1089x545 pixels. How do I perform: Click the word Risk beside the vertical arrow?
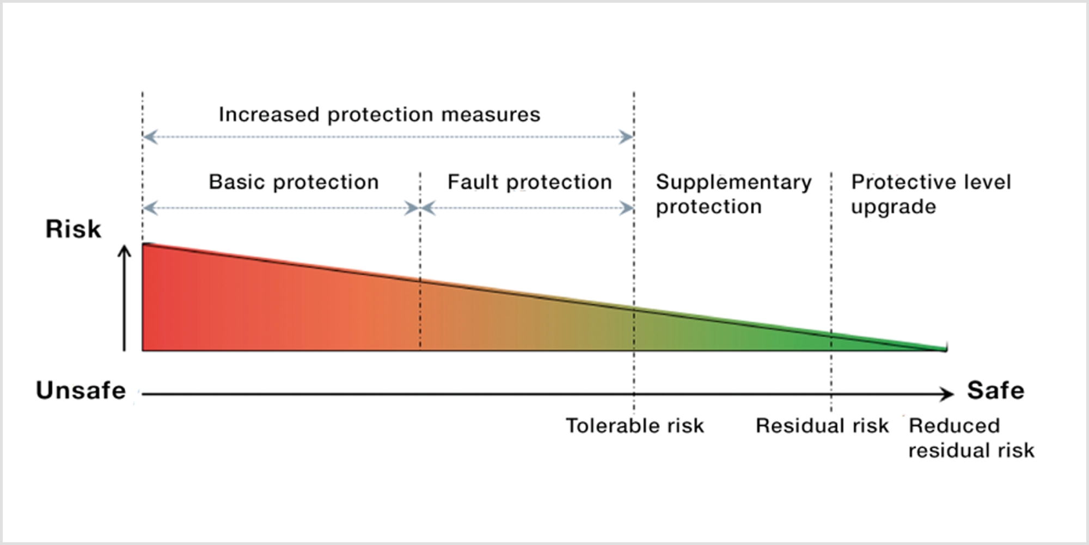click(73, 229)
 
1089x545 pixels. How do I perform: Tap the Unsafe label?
click(81, 390)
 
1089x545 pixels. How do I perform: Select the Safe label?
click(995, 390)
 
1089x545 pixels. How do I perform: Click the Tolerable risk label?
click(635, 426)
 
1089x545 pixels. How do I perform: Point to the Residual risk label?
click(822, 426)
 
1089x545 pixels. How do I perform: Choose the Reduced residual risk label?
click(971, 438)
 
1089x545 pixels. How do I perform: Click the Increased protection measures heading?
click(380, 114)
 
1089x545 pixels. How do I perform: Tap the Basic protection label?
click(293, 182)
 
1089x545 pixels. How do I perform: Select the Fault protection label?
click(530, 182)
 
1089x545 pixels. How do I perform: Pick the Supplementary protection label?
click(733, 194)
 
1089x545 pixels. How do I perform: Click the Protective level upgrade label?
click(931, 194)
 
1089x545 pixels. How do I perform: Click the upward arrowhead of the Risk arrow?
click(125, 250)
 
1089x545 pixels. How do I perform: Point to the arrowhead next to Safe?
click(947, 394)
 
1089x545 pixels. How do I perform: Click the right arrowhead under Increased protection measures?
click(626, 137)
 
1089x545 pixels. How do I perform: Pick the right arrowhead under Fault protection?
click(626, 208)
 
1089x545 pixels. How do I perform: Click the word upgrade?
click(894, 207)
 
